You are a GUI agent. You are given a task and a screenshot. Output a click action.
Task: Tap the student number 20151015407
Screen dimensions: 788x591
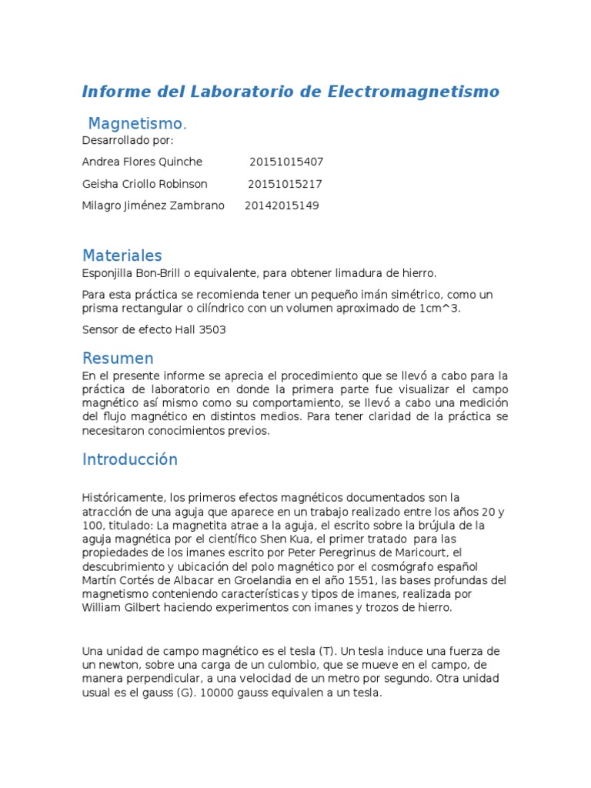(286, 162)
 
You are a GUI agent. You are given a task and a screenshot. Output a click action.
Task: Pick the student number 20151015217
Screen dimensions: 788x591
(285, 184)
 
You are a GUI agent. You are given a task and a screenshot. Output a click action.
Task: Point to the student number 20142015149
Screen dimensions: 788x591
(282, 206)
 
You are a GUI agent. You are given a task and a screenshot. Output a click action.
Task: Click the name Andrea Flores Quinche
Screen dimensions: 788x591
(142, 162)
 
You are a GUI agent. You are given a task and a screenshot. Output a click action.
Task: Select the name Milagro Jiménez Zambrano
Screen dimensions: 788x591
(153, 206)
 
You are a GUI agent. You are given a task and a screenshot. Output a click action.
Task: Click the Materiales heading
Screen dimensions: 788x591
(122, 255)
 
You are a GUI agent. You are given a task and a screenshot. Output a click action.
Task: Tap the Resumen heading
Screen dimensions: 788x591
(118, 358)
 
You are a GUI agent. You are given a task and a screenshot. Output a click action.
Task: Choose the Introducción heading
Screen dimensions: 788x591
(129, 459)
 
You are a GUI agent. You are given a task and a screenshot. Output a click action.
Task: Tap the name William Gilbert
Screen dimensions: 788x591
(119, 608)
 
